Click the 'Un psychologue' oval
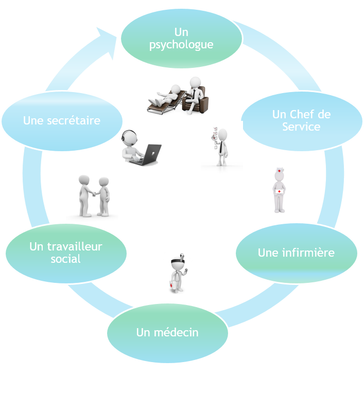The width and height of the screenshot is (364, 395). [181, 39]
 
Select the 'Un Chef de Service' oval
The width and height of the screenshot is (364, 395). [301, 121]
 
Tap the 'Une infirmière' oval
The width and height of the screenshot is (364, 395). [296, 253]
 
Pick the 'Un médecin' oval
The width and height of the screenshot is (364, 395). [167, 332]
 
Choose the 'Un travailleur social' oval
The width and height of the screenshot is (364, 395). [66, 253]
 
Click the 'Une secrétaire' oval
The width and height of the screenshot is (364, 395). [62, 121]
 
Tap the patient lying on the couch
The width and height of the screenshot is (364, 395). [166, 94]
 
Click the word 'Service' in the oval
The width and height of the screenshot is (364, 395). [301, 127]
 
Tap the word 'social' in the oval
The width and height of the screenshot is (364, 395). [66, 259]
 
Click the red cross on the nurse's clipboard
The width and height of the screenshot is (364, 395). [279, 191]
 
